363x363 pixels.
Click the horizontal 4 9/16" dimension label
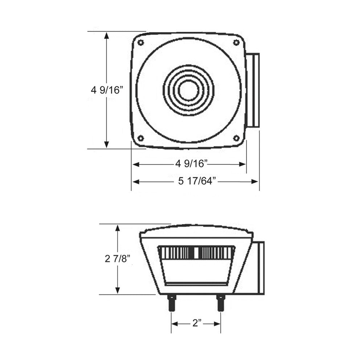click(x=191, y=164)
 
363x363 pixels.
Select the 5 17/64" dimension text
click(x=197, y=181)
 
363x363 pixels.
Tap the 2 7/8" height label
click(x=117, y=259)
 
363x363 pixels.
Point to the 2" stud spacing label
click(x=197, y=323)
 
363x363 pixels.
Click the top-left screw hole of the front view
click(x=141, y=42)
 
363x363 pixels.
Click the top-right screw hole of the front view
click(x=236, y=42)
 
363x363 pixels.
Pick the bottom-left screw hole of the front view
click(x=141, y=138)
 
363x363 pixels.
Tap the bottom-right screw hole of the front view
click(x=236, y=138)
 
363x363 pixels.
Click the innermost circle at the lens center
click(x=188, y=90)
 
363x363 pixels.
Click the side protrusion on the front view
click(x=253, y=90)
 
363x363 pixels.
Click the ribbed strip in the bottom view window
click(x=196, y=253)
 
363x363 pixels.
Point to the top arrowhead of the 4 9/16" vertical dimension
click(x=106, y=35)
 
